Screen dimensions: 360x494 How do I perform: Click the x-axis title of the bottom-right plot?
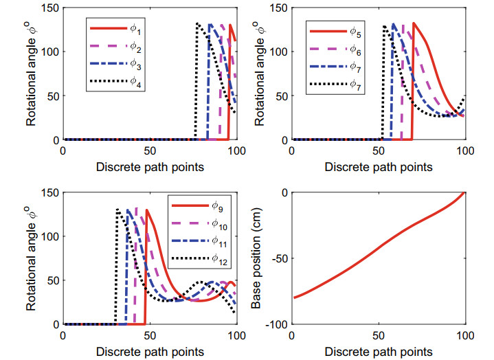pos(379,351)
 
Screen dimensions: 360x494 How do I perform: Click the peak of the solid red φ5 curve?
pos(414,23)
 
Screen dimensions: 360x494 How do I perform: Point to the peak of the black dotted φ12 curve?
pos(117,209)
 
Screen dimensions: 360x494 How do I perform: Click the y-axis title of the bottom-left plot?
pos(31,258)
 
